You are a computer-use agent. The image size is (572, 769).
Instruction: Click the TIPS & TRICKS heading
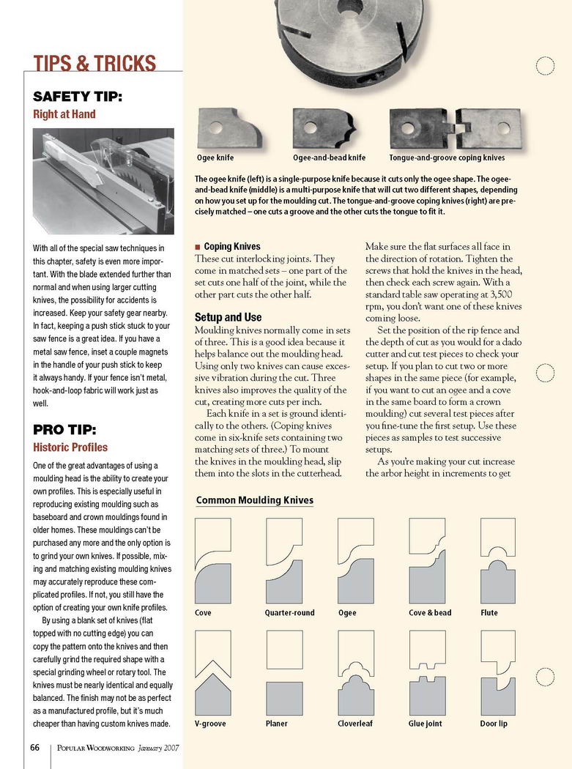coord(94,63)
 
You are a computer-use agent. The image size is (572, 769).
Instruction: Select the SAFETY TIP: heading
coord(78,97)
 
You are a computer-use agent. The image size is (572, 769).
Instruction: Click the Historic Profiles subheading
coord(70,447)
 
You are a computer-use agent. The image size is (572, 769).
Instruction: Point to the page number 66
coord(34,748)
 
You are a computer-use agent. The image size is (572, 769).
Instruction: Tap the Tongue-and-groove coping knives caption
coord(447,157)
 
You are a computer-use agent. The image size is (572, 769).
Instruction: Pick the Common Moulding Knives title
coord(255,501)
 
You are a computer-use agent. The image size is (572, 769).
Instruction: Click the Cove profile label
coord(204,612)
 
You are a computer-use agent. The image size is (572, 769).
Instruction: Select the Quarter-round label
coord(289,612)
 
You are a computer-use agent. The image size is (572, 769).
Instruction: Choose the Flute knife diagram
coord(498,560)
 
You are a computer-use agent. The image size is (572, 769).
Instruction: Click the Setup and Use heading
coord(228,317)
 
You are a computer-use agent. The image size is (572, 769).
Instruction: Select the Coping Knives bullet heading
coord(231,247)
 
